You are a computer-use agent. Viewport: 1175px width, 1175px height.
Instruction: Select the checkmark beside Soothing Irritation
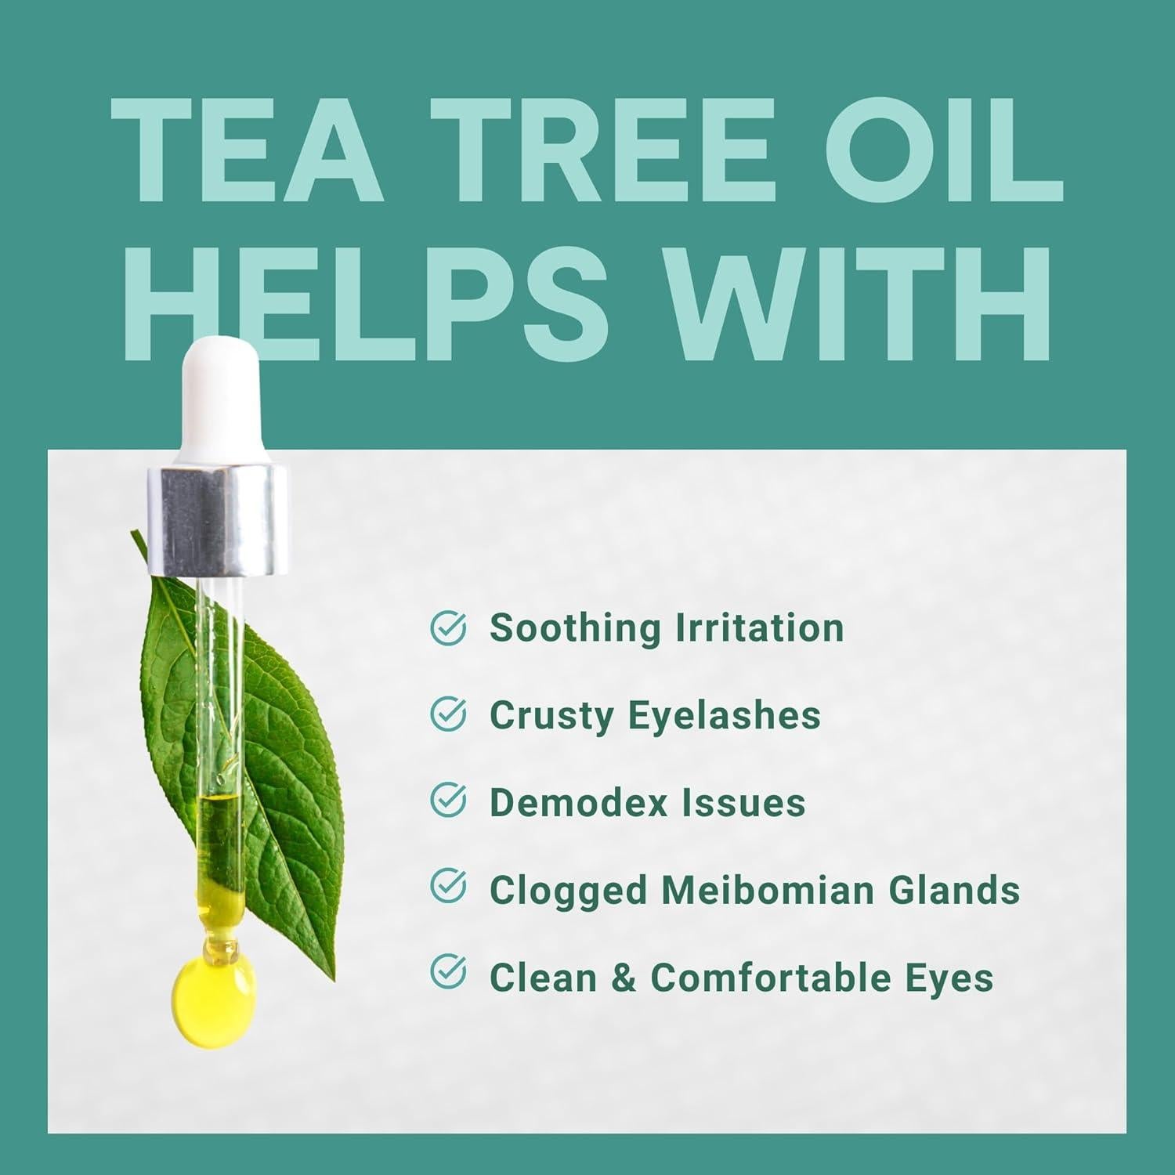click(449, 628)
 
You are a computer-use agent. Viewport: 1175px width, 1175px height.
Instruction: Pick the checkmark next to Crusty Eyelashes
click(449, 714)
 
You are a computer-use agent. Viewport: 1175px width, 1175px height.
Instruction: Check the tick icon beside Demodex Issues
click(449, 801)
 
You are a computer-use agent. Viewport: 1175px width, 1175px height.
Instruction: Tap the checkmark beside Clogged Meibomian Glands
click(449, 888)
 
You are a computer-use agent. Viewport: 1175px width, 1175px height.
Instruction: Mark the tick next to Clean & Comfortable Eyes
click(449, 974)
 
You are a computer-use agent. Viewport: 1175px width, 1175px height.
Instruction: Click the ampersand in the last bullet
click(623, 978)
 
